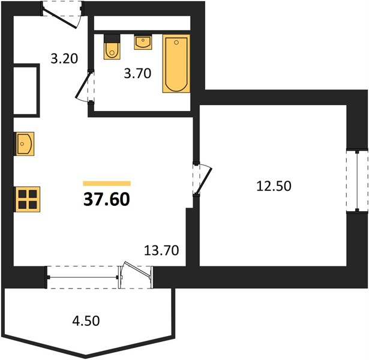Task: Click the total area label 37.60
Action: click(x=107, y=199)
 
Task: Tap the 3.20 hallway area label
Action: click(x=64, y=59)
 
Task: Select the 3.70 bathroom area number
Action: click(x=137, y=73)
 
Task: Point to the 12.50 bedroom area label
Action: click(x=274, y=186)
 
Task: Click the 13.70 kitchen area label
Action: click(x=161, y=250)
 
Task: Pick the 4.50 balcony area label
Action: click(x=86, y=321)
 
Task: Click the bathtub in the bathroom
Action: click(x=176, y=64)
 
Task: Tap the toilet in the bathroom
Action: click(x=112, y=47)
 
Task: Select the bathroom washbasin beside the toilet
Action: click(x=143, y=42)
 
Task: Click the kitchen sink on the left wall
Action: click(x=25, y=144)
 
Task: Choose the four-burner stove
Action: click(x=28, y=200)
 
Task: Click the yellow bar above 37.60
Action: click(x=107, y=184)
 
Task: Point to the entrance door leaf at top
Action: click(x=60, y=17)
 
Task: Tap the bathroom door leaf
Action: click(x=83, y=85)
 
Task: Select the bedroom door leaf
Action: click(x=205, y=180)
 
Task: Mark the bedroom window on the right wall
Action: click(x=357, y=181)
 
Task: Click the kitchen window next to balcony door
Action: click(x=83, y=277)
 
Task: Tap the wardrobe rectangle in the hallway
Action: click(x=25, y=91)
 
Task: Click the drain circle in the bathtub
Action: click(x=176, y=43)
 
